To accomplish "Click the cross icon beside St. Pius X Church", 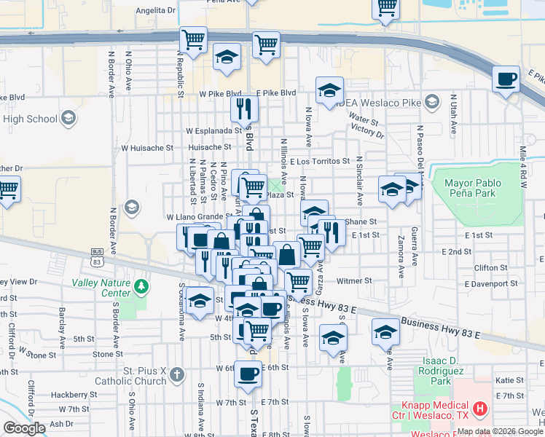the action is click(x=176, y=376).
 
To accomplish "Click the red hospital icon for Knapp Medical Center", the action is click(x=479, y=410).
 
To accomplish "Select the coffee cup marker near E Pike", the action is click(x=505, y=79).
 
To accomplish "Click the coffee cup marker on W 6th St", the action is click(x=248, y=374).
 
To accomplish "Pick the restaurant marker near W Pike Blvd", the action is click(x=244, y=109).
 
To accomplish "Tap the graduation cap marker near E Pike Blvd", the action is click(x=329, y=90).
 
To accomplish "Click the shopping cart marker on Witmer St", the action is click(x=298, y=281).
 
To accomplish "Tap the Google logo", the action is click(x=24, y=428).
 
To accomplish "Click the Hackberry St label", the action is click(x=60, y=394).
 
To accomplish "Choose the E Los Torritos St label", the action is click(x=319, y=161).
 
